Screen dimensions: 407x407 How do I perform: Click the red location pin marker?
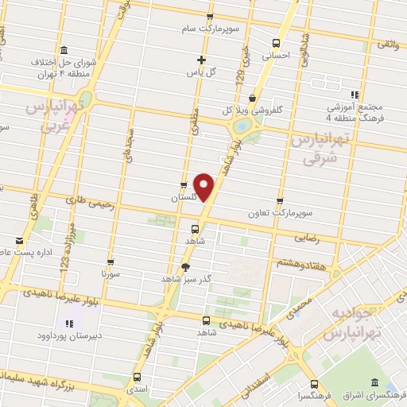pyautogui.click(x=205, y=188)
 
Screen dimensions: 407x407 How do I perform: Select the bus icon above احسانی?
pyautogui.click(x=276, y=44)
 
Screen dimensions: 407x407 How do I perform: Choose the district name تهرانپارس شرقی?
pyautogui.click(x=316, y=148)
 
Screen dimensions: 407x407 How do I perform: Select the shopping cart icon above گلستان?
pyautogui.click(x=184, y=179)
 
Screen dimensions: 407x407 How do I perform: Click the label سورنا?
pyautogui.click(x=110, y=272)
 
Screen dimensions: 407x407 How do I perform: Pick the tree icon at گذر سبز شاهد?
pyautogui.click(x=185, y=267)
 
